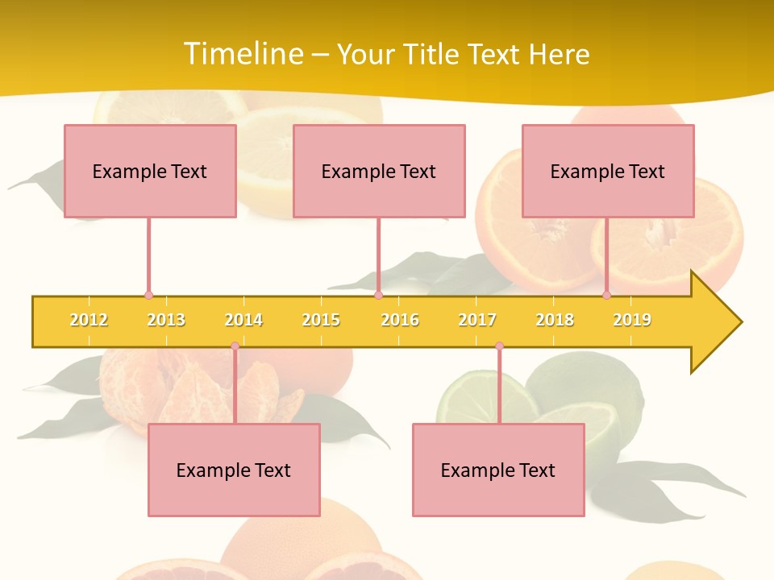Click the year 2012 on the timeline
click(x=89, y=320)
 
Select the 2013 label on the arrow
click(x=166, y=320)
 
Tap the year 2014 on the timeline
click(x=243, y=320)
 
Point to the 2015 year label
click(x=321, y=320)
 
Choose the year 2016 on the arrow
click(x=400, y=320)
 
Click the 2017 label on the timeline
click(x=477, y=320)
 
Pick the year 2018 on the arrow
click(x=555, y=320)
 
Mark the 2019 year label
click(x=632, y=320)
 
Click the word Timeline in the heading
click(x=243, y=54)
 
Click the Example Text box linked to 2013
click(x=150, y=171)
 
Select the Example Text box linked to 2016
click(x=379, y=171)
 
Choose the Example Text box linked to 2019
click(x=608, y=171)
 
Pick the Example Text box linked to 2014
click(x=234, y=470)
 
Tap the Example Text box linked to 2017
click(x=498, y=470)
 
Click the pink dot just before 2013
click(x=148, y=295)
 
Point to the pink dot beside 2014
click(x=235, y=346)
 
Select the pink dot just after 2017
click(x=499, y=346)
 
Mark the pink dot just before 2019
click(x=606, y=295)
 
